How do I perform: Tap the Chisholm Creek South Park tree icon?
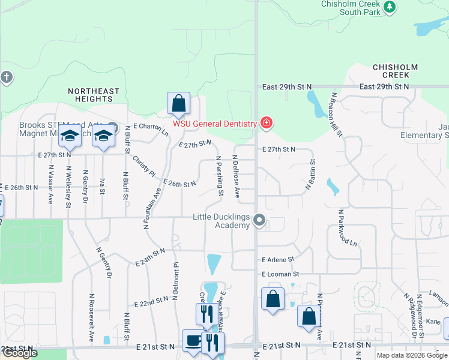point(390,7)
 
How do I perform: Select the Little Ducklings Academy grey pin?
point(259,220)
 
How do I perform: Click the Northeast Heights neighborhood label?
point(93,95)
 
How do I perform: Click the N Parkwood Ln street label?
point(348,228)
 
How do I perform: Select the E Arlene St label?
point(279,260)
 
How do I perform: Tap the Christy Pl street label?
point(143,164)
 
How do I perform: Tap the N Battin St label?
point(310,175)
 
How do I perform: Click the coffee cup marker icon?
point(193,341)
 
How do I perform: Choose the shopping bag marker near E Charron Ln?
point(178,103)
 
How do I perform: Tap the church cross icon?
point(7,77)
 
